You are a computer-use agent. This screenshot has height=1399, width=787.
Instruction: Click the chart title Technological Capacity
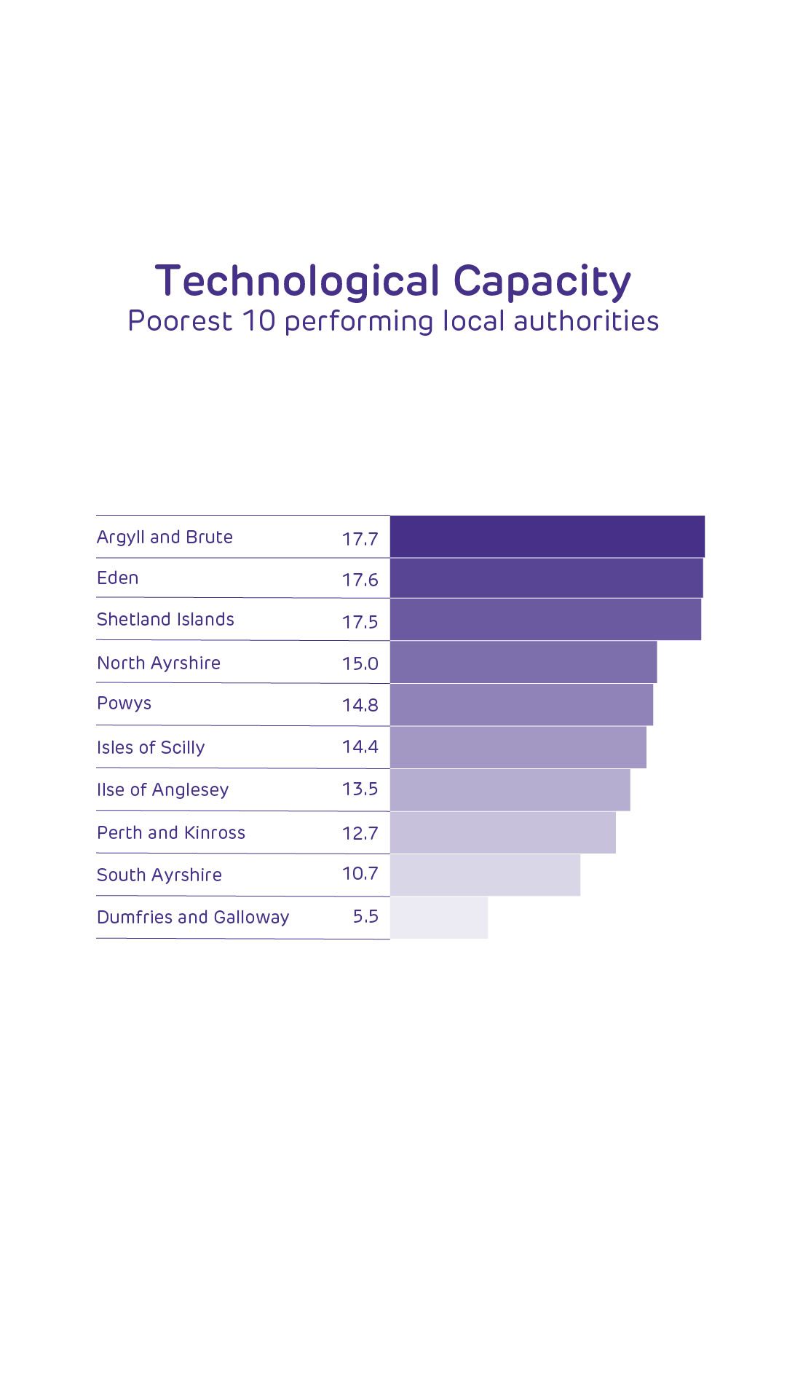click(393, 281)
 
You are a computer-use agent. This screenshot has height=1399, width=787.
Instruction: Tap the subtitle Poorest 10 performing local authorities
click(393, 321)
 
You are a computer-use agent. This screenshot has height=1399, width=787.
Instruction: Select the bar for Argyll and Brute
click(547, 537)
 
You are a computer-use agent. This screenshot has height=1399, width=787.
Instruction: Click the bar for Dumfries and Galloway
click(439, 918)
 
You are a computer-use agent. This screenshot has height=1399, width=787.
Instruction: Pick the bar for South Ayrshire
click(485, 875)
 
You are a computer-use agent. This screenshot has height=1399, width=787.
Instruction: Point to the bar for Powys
click(521, 705)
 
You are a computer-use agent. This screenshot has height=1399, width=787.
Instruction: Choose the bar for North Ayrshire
click(523, 663)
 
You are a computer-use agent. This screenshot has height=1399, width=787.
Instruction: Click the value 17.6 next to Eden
click(360, 580)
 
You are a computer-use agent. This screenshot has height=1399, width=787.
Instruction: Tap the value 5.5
click(365, 917)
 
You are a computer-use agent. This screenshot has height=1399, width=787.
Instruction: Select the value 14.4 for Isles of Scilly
click(360, 747)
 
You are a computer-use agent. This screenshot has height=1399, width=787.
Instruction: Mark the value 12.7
click(360, 833)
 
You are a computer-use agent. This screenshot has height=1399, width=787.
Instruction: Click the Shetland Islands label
click(165, 620)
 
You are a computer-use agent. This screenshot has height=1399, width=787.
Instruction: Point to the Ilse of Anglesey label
click(162, 790)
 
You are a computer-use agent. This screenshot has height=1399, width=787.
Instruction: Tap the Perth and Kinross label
click(171, 833)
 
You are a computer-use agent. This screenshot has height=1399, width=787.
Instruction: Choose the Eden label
click(117, 578)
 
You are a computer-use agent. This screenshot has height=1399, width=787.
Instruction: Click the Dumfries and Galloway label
click(193, 918)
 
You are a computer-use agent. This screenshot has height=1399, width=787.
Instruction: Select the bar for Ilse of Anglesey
click(510, 790)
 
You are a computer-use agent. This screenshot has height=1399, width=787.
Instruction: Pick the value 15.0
click(360, 663)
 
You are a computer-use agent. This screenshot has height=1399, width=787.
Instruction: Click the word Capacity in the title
click(542, 281)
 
